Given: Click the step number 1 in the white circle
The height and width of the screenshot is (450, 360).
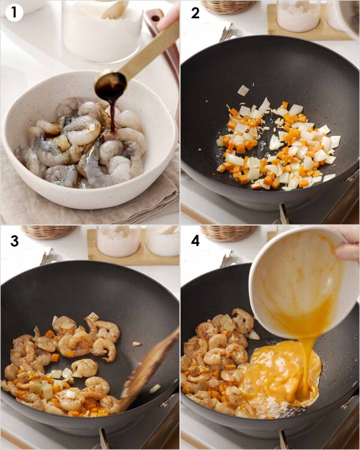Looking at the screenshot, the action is tap(14, 13).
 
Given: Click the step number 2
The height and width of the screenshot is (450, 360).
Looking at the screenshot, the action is tap(195, 13).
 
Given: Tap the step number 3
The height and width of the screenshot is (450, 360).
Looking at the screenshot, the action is tap(15, 241).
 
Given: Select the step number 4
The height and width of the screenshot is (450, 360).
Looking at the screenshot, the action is tap(195, 241).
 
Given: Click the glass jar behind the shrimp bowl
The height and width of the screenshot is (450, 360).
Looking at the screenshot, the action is tap(102, 30).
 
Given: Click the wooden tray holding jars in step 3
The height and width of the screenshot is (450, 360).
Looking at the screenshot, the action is tap(134, 258).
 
